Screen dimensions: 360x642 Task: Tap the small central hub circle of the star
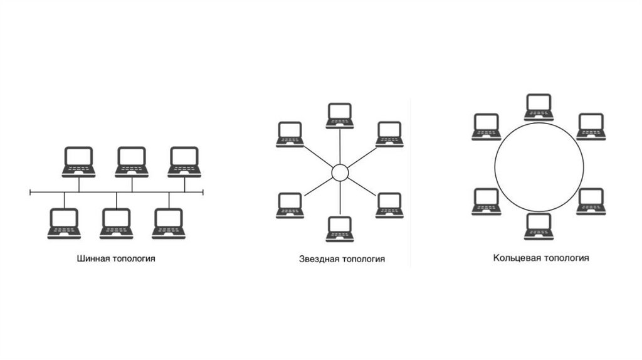pos(339,172)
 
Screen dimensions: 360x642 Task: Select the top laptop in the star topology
pos(339,115)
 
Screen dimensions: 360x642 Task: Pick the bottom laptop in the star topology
pos(339,229)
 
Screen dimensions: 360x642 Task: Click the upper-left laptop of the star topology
pos(290,134)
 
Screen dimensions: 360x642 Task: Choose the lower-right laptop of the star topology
pos(389,205)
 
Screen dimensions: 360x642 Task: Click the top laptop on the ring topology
pos(539,107)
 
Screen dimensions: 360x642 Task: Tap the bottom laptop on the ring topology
pos(539,226)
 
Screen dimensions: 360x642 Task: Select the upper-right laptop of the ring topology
pos(591,126)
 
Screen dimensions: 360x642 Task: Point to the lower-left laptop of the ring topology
pos(486,201)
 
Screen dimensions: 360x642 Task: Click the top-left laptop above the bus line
pos(78,162)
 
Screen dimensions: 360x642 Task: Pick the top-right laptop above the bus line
pos(184,162)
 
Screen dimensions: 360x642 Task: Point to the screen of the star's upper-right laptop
pos(389,131)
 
